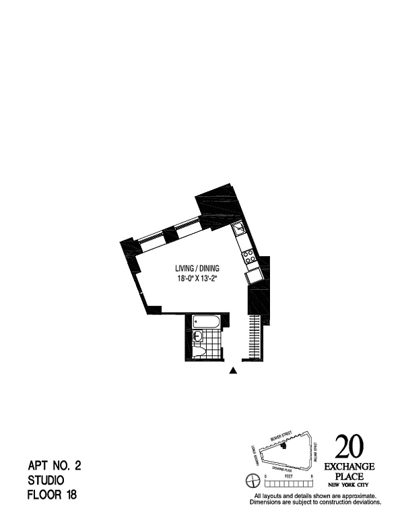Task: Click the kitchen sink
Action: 240,231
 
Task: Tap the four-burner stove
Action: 249,256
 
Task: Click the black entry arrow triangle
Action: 234,370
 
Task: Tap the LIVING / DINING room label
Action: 197,268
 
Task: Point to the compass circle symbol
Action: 253,481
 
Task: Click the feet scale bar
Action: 290,481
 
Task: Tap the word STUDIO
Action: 46,481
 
